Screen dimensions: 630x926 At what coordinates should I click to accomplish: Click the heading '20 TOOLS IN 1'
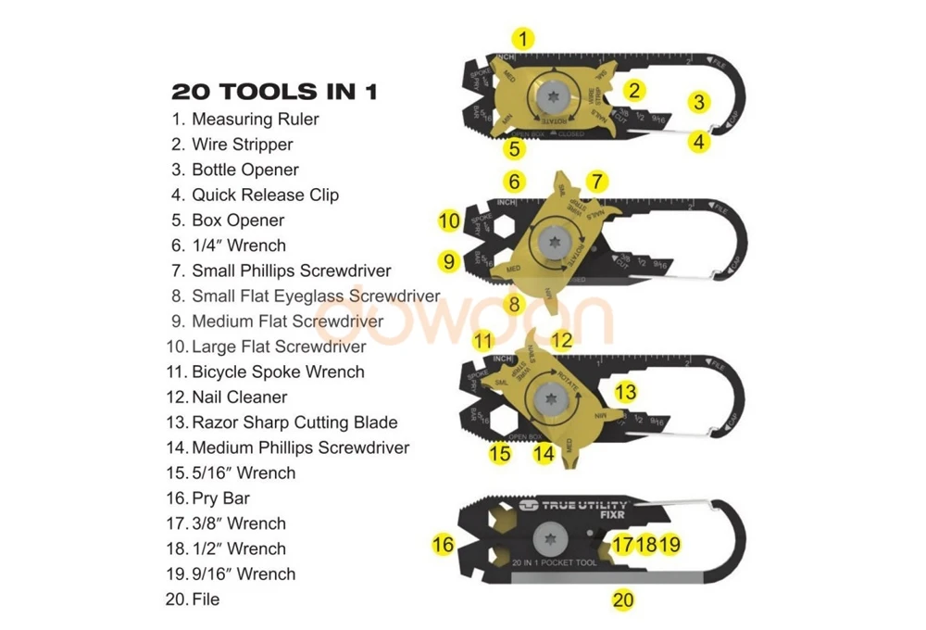coord(274,92)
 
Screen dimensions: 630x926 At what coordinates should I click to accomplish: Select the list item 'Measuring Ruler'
coord(255,120)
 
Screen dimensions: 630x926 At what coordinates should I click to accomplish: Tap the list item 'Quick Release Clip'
coord(265,195)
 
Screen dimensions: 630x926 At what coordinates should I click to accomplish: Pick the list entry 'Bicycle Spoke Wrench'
coord(278,372)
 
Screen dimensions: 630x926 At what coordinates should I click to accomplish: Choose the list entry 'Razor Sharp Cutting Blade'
coord(294,422)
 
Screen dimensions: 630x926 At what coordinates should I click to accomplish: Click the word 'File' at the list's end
coord(206,599)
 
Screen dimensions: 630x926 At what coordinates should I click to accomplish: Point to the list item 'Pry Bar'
coord(220,498)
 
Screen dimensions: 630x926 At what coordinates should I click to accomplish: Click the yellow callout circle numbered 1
coord(524,39)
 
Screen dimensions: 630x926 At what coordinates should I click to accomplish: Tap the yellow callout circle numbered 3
coord(700,102)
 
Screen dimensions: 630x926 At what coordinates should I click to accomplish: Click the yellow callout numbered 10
coord(448,220)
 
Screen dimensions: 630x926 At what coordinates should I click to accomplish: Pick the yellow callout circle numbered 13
coord(626,392)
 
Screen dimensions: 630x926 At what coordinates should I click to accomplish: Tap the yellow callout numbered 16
coord(444,544)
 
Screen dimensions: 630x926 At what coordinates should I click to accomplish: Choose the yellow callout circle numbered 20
coord(623,600)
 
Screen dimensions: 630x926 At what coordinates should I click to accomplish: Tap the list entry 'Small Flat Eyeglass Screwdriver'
coord(315,296)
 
